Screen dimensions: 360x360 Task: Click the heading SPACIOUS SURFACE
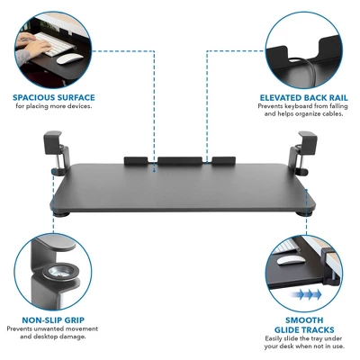click(54, 97)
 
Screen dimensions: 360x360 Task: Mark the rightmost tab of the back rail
click(219, 163)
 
